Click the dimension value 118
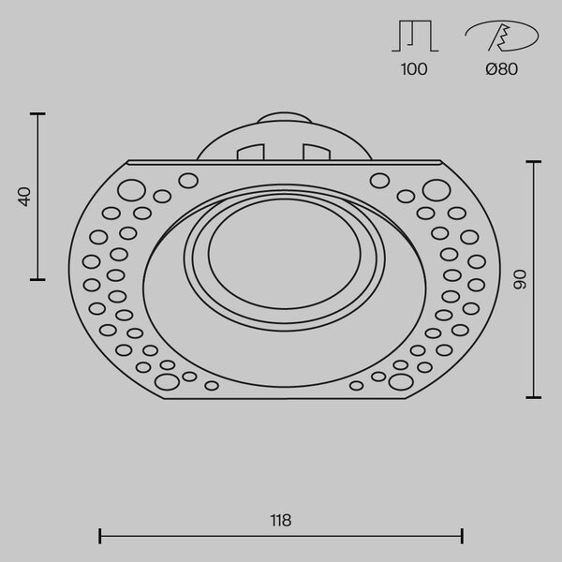point(281,521)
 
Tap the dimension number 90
point(520,279)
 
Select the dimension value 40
point(24,197)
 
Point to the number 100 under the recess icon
point(414,69)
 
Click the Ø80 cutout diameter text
point(502,69)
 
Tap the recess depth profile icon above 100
point(415,36)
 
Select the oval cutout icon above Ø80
point(502,36)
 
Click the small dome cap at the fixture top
point(284,118)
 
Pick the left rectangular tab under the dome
point(250,152)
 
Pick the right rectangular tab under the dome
point(317,152)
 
